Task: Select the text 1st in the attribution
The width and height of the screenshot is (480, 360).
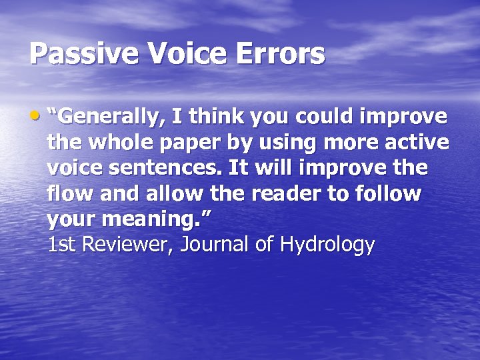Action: point(62,245)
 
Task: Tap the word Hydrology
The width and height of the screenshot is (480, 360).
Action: point(328,246)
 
